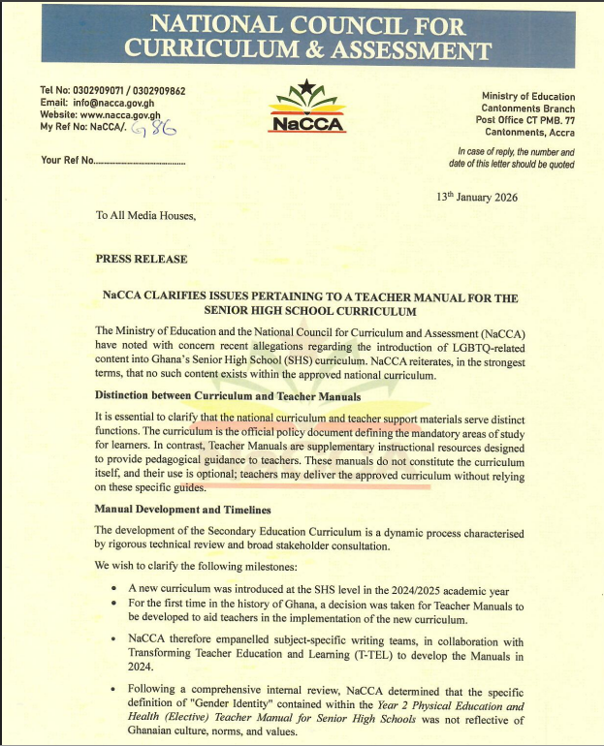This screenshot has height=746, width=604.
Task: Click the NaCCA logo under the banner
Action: click(303, 108)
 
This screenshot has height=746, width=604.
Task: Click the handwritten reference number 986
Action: click(154, 130)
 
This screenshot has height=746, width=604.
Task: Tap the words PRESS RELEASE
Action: click(142, 260)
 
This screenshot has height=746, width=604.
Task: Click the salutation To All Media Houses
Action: click(145, 216)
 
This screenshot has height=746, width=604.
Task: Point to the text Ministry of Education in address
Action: click(527, 97)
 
